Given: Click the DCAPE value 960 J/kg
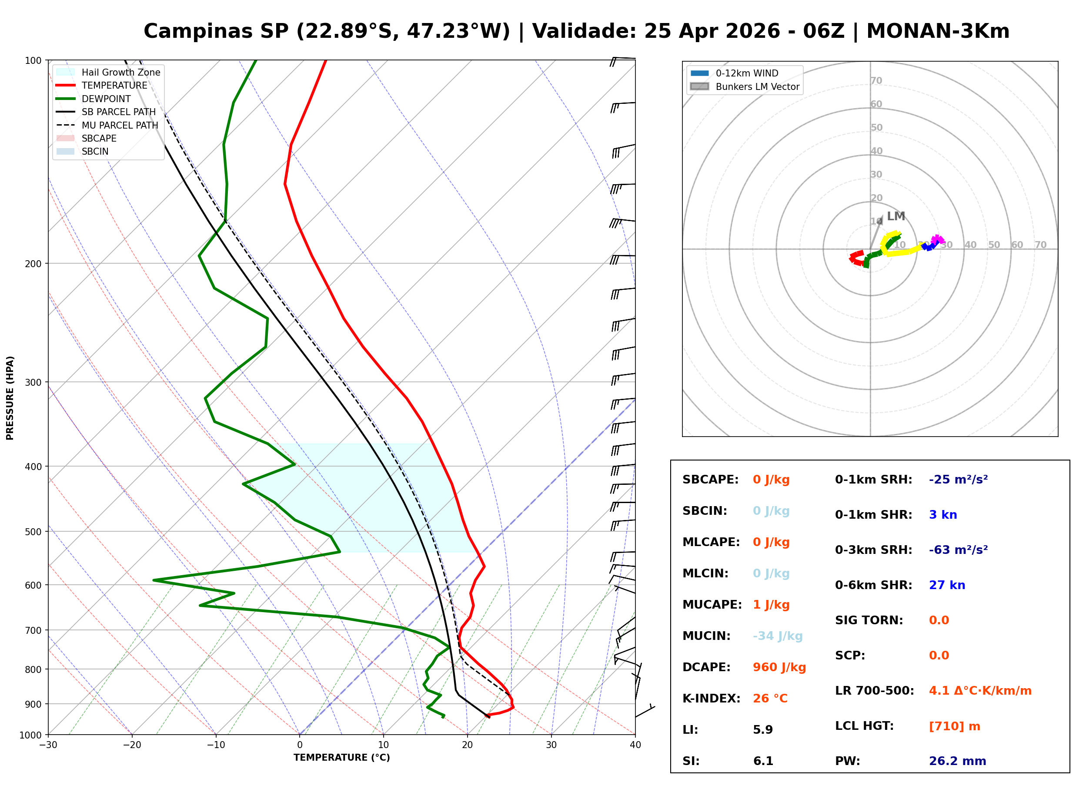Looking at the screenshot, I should [x=779, y=667].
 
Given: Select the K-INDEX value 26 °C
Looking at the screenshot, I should [x=770, y=698].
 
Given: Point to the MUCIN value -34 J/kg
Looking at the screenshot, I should [x=777, y=636].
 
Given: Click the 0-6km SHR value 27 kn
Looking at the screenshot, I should [x=946, y=585].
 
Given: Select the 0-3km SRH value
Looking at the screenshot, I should [x=958, y=550].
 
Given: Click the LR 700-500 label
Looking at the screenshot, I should [x=874, y=691].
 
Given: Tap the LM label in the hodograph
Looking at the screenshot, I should [x=896, y=216].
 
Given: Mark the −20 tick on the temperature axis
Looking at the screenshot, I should [x=131, y=745].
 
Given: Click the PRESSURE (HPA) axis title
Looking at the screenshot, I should [x=10, y=397].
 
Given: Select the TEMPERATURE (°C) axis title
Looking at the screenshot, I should [x=341, y=758].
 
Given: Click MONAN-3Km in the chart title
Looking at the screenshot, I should [x=937, y=31].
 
